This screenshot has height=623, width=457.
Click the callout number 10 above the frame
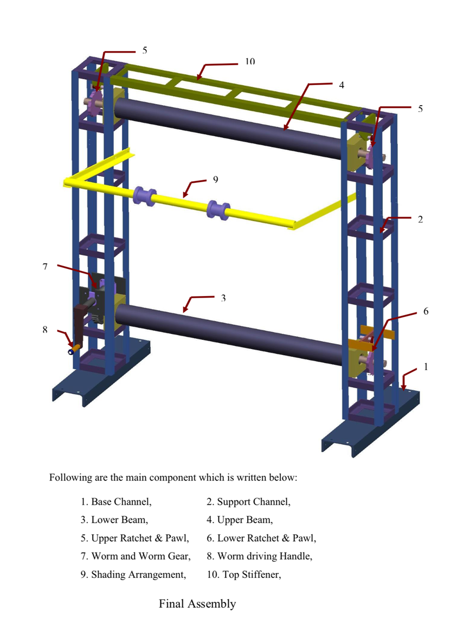tap(249, 61)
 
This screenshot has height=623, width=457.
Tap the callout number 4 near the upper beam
tap(342, 85)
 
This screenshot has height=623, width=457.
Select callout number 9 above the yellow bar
tap(215, 179)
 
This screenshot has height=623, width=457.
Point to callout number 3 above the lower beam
tap(223, 298)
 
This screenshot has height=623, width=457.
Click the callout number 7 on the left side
tap(45, 267)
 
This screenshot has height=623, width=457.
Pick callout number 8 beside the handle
tap(45, 329)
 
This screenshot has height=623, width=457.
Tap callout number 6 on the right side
tap(426, 311)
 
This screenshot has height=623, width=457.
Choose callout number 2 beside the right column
tap(421, 219)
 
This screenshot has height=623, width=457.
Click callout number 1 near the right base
tap(426, 367)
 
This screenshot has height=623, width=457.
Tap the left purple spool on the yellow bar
tap(144, 196)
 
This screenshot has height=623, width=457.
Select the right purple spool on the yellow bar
tap(218, 209)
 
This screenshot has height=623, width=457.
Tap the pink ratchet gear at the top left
tap(94, 102)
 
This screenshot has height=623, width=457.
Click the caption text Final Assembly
tap(197, 603)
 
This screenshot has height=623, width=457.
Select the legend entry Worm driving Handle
tap(260, 556)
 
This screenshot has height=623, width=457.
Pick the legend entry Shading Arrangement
tap(133, 575)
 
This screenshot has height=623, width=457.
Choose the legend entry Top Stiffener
tap(244, 575)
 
